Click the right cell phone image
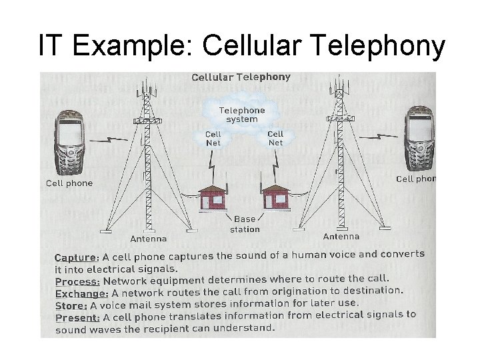(419, 140)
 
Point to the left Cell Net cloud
(213, 139)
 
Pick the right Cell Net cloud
(275, 138)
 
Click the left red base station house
(213, 197)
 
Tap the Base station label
(244, 224)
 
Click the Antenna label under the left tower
(148, 239)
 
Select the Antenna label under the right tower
(341, 236)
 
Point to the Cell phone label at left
(69, 183)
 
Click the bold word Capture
(76, 257)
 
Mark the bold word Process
(77, 281)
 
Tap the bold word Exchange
(81, 293)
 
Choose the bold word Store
(71, 305)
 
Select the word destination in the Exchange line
(373, 291)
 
